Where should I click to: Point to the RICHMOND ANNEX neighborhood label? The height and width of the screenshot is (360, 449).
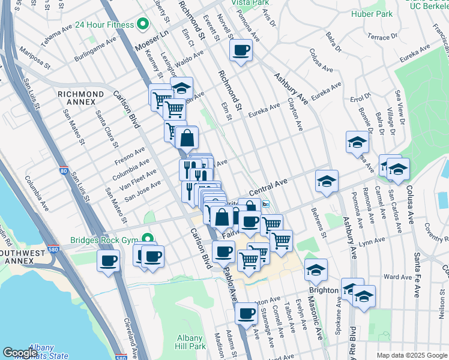click(x=80, y=98)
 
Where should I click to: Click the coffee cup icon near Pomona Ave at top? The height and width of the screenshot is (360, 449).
click(x=241, y=50)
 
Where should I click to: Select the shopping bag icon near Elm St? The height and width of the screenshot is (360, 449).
click(x=187, y=137)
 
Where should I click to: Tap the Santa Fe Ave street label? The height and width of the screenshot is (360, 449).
click(x=416, y=274)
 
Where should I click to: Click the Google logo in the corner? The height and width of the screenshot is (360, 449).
click(x=20, y=353)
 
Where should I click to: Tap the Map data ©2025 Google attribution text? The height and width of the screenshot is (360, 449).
click(x=411, y=355)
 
